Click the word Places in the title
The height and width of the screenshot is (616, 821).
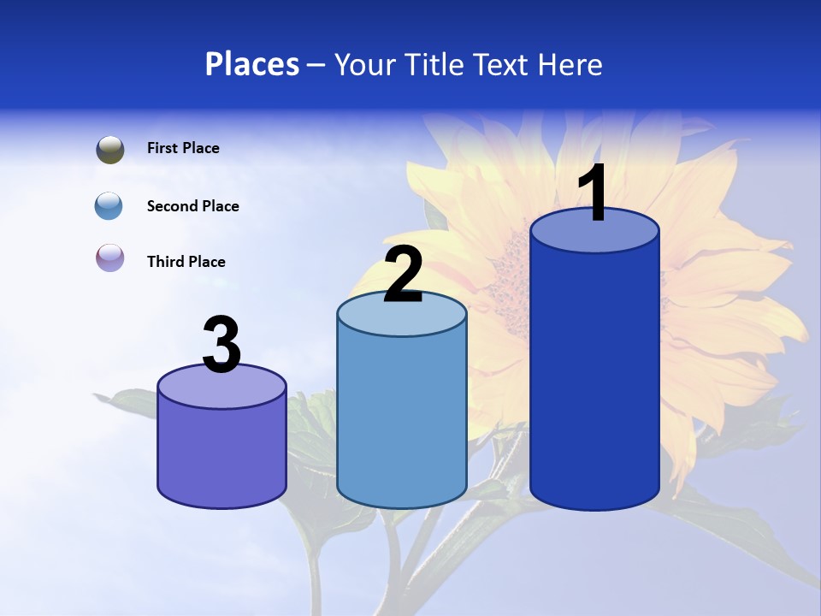[x=252, y=64]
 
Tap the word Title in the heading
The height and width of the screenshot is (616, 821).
[x=434, y=64]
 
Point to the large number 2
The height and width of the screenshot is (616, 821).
[x=403, y=275]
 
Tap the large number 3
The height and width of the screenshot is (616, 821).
[x=221, y=346]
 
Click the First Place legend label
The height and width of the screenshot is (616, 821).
[x=183, y=148]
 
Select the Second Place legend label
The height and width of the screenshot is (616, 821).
[x=193, y=206]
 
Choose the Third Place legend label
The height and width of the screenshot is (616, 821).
[x=186, y=262]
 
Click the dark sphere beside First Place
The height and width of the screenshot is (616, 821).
[x=110, y=150]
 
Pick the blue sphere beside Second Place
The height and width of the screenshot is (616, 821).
[x=109, y=206]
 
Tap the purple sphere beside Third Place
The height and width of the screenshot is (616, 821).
[x=110, y=258]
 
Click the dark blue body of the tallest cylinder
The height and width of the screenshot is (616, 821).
[x=594, y=376]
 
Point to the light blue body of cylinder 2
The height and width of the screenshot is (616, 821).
[x=402, y=419]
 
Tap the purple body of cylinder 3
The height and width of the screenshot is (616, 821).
[x=221, y=453]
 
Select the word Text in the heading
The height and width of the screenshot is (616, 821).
[x=500, y=64]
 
